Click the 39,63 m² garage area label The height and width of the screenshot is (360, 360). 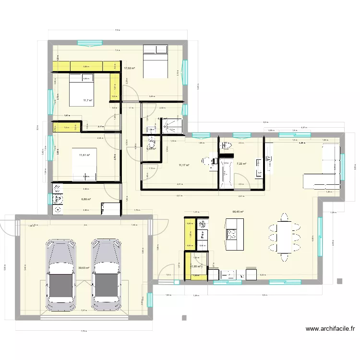[84, 268]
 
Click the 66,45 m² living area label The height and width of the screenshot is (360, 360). [238, 212]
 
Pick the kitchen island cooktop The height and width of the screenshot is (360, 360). [232, 234]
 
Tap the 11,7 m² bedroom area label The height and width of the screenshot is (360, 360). [87, 100]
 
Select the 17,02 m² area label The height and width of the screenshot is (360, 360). [129, 69]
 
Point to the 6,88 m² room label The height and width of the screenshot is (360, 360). [86, 199]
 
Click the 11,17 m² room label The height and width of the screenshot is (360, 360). [184, 166]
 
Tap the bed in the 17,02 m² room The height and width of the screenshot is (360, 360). [156, 61]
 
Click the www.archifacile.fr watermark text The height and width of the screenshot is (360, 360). [330, 329]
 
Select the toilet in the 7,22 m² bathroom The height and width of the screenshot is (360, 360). [226, 145]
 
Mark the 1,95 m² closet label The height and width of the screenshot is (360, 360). [196, 266]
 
